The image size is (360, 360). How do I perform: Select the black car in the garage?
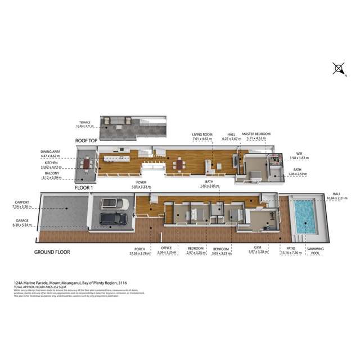tap(112, 218)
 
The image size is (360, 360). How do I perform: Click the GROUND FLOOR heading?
tap(52, 252)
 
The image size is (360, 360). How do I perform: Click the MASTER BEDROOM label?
tap(256, 134)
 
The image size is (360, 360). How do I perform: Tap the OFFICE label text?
tap(166, 249)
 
